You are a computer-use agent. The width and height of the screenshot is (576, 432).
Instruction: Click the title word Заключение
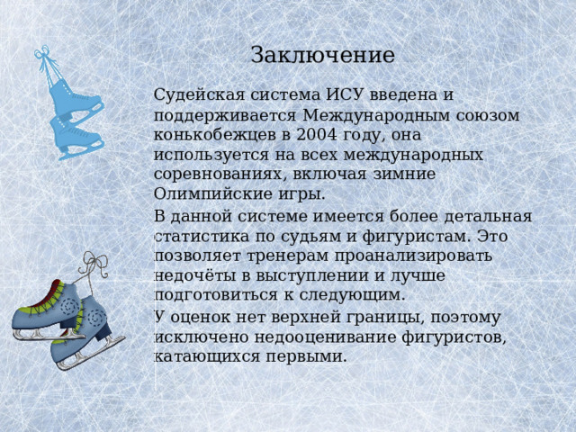322,55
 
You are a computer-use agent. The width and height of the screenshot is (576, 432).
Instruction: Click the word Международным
377,115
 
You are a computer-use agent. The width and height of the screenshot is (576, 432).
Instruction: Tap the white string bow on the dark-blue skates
93,263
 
